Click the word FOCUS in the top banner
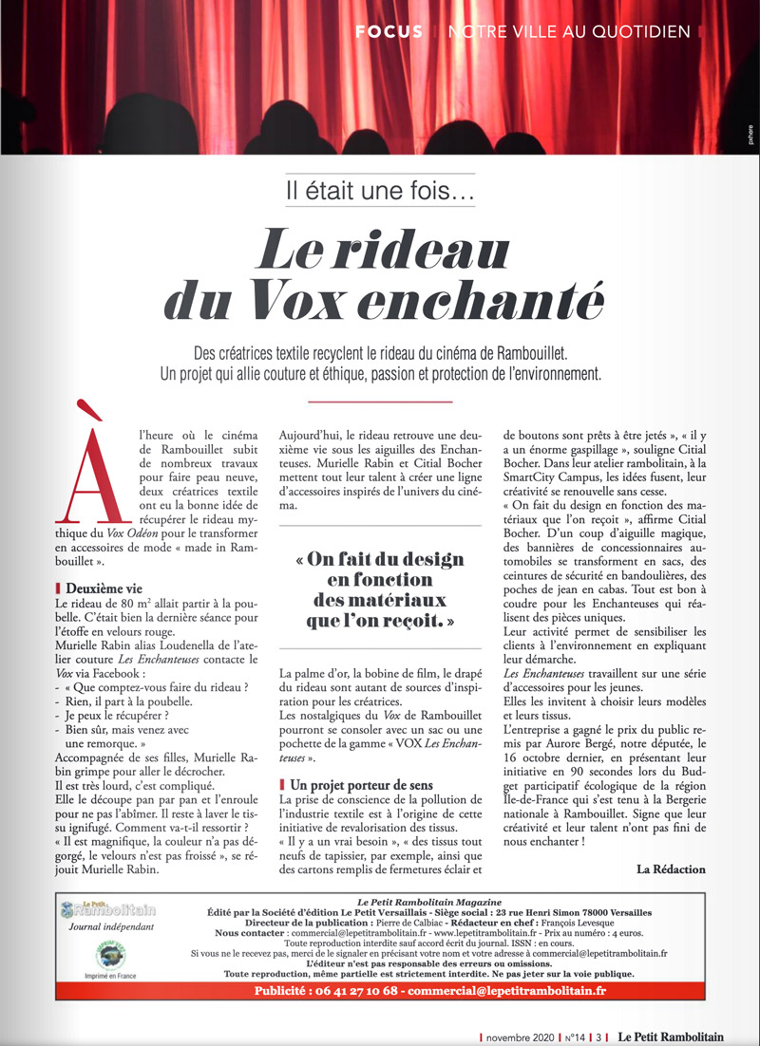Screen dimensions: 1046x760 [x=389, y=31]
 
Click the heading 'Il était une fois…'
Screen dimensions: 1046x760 [x=380, y=190]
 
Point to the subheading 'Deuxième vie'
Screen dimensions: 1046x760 [x=104, y=588]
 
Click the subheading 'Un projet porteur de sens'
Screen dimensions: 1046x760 [x=362, y=785]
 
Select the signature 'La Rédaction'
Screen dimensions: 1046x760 [x=671, y=869]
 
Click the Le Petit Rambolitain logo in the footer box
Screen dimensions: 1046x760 [x=106, y=909]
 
